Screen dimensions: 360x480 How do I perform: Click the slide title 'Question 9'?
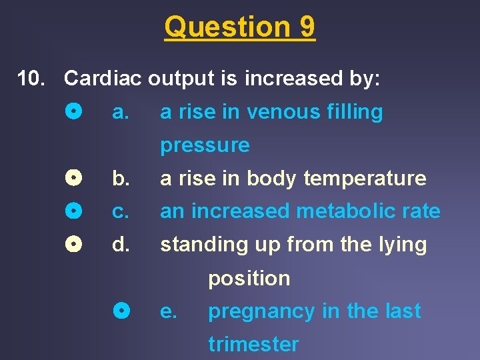(x=240, y=27)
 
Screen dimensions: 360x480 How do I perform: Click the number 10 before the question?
(x=31, y=79)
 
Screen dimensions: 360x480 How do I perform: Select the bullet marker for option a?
(x=74, y=111)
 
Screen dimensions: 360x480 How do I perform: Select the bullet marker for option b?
(x=74, y=178)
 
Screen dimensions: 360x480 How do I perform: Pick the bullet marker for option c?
(x=74, y=211)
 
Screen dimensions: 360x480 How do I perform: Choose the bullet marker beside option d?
(x=74, y=245)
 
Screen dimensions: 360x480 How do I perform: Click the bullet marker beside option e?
(x=121, y=311)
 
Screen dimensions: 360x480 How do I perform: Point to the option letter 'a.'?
(x=120, y=112)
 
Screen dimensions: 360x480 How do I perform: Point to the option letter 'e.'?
(x=169, y=311)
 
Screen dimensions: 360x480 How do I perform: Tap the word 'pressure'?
(x=205, y=145)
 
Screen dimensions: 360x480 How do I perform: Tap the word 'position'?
(x=249, y=279)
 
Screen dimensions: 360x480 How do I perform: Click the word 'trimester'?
(x=253, y=345)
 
